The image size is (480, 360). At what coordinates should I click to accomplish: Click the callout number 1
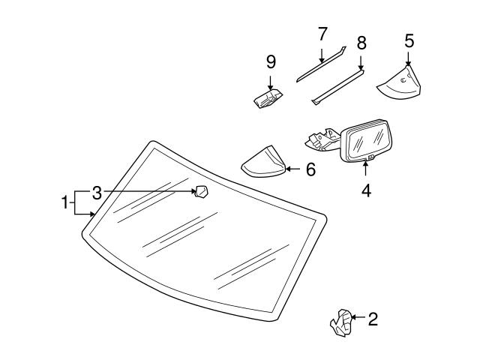(x=65, y=201)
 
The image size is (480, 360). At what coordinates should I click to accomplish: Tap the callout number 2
(x=373, y=319)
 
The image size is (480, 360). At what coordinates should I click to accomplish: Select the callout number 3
(x=97, y=193)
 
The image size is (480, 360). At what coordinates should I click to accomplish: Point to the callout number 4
(x=366, y=190)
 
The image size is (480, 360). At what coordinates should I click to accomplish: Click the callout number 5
(x=409, y=40)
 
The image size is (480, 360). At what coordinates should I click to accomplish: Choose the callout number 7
(x=322, y=34)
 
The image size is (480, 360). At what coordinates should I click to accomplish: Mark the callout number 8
(x=361, y=43)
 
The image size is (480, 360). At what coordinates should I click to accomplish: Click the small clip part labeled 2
(x=341, y=322)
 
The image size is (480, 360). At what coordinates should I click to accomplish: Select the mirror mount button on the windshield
(x=202, y=193)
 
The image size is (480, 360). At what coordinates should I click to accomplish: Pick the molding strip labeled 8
(x=338, y=85)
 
